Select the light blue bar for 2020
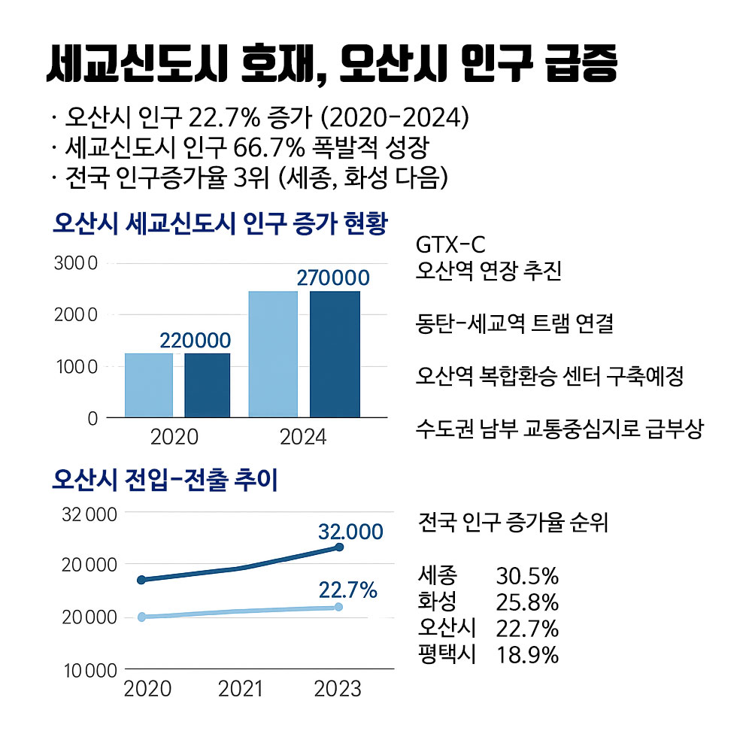(x=148, y=384)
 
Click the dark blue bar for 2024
(x=335, y=353)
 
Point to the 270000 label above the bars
(x=333, y=277)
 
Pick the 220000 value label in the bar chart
(x=195, y=341)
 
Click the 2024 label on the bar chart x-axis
(x=303, y=437)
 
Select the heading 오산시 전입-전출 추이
(x=165, y=481)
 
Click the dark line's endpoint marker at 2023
(x=339, y=547)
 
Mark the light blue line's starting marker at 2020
(x=141, y=617)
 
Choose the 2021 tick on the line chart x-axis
(x=241, y=688)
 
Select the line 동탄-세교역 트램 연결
(x=514, y=324)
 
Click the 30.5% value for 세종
(x=527, y=577)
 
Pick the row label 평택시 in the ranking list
(x=447, y=653)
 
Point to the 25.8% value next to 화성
(x=527, y=602)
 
